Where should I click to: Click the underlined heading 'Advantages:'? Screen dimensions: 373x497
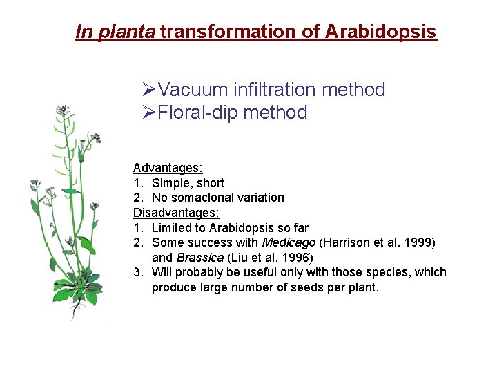pyautogui.click(x=168, y=167)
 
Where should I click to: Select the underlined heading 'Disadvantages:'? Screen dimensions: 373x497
pyautogui.click(x=176, y=213)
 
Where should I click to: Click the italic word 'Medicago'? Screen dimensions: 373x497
pyautogui.click(x=289, y=242)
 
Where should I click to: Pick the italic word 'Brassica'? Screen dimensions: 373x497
pyautogui.click(x=200, y=258)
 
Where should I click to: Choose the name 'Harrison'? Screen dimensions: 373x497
pyautogui.click(x=344, y=242)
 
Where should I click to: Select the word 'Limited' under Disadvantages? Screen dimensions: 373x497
pyautogui.click(x=171, y=227)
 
